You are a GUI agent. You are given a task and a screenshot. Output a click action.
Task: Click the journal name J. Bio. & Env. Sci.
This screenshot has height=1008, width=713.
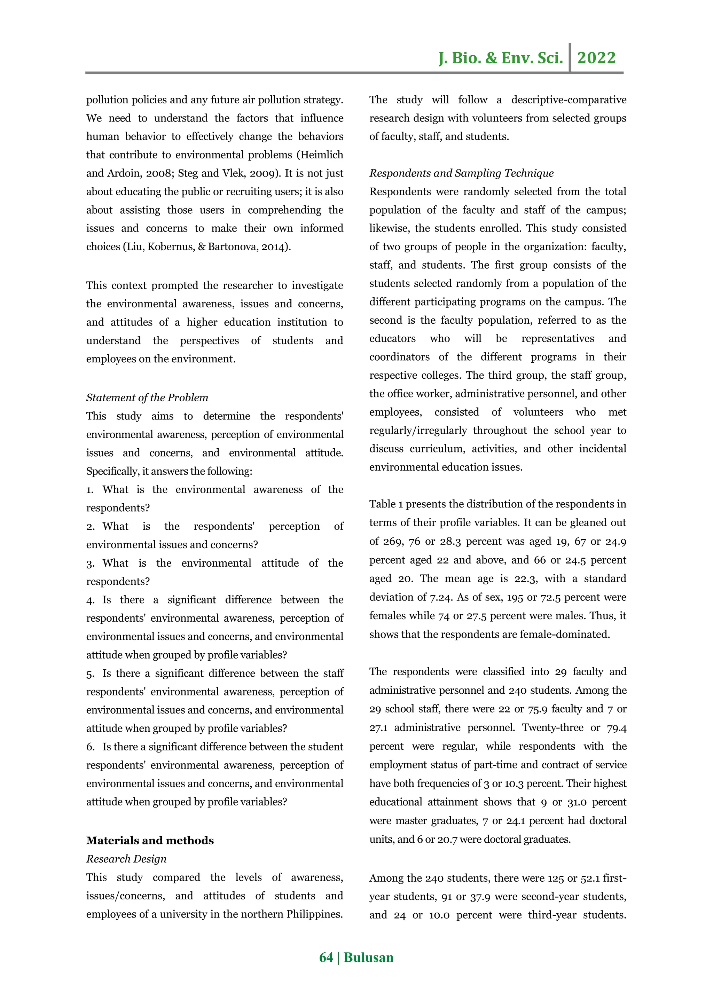[x=501, y=58]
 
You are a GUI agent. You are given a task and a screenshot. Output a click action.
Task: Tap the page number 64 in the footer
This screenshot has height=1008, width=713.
[x=326, y=957]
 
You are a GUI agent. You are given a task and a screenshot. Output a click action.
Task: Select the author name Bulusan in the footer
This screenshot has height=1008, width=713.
[x=368, y=957]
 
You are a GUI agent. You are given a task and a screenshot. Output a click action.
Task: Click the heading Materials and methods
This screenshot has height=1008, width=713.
[x=150, y=840]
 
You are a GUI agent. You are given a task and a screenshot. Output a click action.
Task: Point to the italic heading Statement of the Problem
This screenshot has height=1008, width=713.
[x=147, y=398]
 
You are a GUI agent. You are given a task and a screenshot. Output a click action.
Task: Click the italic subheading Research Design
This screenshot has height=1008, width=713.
[x=126, y=859]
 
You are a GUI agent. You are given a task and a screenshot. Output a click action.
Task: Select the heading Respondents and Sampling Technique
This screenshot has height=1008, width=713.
[x=461, y=173]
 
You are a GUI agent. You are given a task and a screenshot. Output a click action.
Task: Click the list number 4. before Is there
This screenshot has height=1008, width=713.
[x=90, y=600]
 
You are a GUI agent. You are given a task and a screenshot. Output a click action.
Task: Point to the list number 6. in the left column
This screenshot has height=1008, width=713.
[x=90, y=747]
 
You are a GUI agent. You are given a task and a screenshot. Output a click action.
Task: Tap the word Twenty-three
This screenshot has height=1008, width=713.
[x=552, y=727]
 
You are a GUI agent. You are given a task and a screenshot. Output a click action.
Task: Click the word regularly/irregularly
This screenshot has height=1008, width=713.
[x=418, y=430]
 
